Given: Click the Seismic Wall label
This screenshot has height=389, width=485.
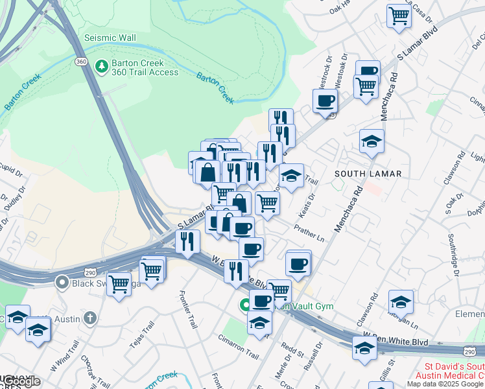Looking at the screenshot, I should pos(110,38).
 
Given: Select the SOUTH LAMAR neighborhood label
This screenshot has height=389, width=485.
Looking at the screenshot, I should pos(368,174).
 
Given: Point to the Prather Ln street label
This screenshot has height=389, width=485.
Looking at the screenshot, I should pos(309,230).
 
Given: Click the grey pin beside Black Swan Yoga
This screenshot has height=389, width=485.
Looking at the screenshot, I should pos(62,282).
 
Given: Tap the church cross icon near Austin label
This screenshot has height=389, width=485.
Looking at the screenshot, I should pos(89,318).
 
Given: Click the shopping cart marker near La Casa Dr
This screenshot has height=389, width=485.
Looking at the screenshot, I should pos(399,16).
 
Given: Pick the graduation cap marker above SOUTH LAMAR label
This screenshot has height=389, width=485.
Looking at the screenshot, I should pos(372,141).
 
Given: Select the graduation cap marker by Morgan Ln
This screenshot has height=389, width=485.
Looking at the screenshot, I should pos(401,301).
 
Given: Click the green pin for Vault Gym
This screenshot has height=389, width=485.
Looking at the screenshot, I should pos(246,305).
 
